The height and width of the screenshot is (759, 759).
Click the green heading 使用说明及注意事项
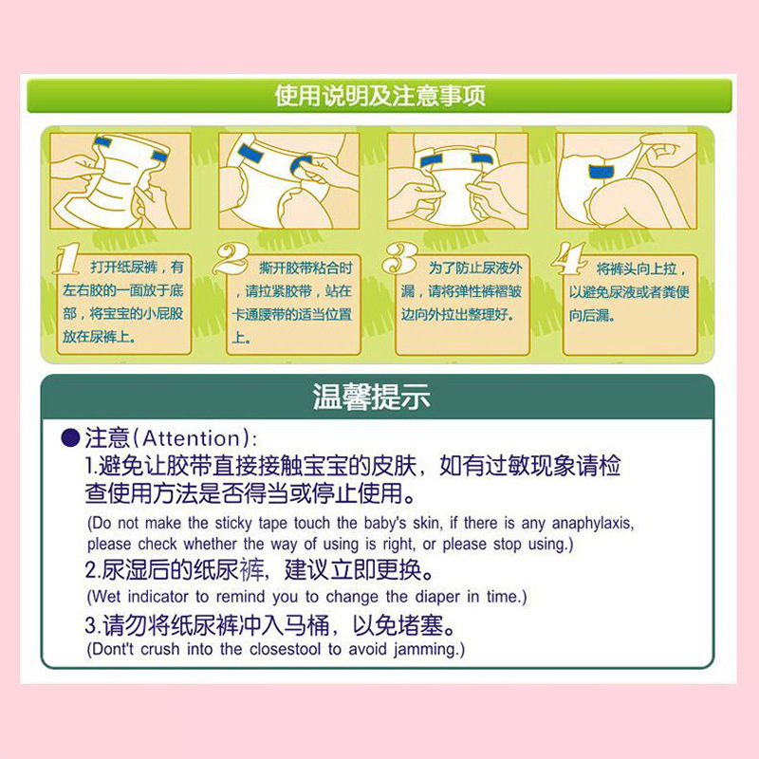pos(379,96)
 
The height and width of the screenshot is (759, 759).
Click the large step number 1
pos(65,259)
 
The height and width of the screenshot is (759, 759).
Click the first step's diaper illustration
pos(120,180)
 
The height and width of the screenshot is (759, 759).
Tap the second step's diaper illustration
pos(288,180)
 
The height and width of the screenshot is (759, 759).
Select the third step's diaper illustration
pos(456,180)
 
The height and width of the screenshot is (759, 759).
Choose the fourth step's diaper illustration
pos(625,180)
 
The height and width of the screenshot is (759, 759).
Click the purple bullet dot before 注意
pos(71,438)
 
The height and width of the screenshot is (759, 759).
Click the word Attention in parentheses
pos(193,438)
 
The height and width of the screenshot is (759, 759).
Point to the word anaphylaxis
pos(591,523)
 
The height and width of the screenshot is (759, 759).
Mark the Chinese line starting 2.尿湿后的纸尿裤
pos(261,572)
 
